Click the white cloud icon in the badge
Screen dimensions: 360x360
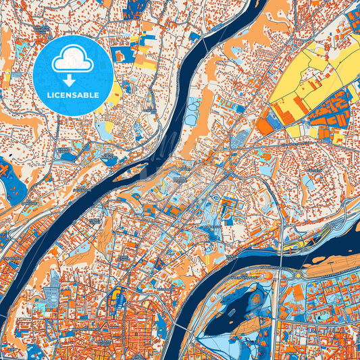coord(73,59)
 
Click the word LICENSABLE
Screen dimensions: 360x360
coord(73,95)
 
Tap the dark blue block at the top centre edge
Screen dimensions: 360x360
coord(134,8)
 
